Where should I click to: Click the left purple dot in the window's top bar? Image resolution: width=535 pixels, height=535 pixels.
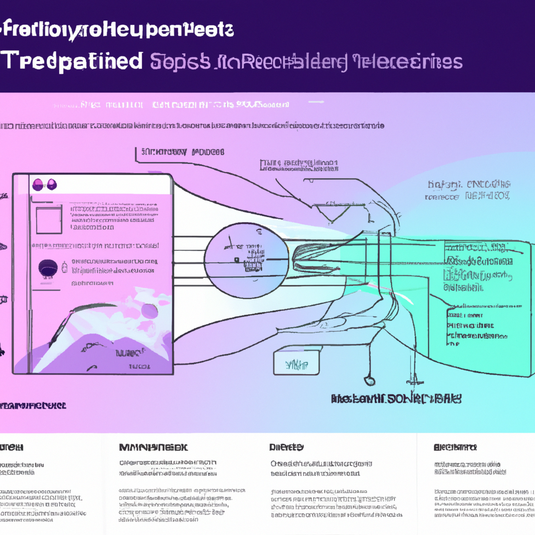pos(38,184)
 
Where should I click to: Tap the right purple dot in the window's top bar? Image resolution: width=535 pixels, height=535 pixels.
pos(51,184)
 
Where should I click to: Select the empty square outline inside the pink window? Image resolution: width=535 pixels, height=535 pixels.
pos(50,218)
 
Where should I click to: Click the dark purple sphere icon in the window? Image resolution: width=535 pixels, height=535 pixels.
pos(47,268)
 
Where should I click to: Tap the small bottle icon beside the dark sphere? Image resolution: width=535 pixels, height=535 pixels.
pos(64,267)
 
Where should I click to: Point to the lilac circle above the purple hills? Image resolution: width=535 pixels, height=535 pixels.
pos(149,311)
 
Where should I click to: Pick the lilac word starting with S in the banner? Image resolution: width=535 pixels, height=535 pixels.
pos(180,62)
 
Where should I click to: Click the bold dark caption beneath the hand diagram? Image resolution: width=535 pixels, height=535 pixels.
pos(397,399)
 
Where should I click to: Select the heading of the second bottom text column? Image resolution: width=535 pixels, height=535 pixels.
pos(153,448)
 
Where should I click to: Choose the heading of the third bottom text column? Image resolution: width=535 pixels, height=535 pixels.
pos(286,447)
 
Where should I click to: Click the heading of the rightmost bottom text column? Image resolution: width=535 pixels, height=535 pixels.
pos(455,447)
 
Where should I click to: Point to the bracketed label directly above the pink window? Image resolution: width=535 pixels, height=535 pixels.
pos(180,152)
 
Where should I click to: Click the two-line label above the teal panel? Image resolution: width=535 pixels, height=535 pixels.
pos(468,191)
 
